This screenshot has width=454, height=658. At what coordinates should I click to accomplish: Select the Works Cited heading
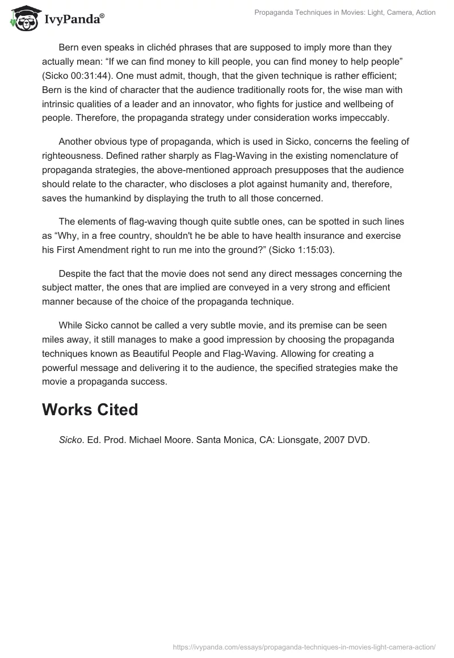(90, 410)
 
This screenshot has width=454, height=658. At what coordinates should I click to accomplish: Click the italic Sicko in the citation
(71, 439)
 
